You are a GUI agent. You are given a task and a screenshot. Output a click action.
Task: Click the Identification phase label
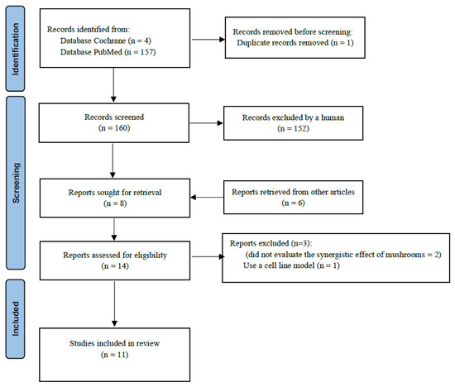point(16,49)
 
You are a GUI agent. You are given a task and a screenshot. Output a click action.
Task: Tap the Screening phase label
point(16,183)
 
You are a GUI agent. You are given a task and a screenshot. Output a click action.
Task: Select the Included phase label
point(16,319)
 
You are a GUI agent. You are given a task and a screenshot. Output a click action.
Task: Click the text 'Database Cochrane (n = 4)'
point(106,41)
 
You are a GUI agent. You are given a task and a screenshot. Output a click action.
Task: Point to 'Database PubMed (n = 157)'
point(108,52)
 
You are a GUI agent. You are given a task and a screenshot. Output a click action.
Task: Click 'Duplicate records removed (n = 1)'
point(295,43)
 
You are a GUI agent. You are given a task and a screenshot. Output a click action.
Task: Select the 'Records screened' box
point(114,122)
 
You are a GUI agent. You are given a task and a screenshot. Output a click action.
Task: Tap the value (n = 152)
point(293,128)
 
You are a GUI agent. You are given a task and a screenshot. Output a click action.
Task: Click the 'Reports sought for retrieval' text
point(115,193)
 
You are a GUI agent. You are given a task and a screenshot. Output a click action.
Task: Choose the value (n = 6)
point(293,203)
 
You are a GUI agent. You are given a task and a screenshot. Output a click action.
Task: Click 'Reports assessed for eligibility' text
point(115,255)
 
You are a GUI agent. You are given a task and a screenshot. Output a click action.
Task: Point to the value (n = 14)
point(115,266)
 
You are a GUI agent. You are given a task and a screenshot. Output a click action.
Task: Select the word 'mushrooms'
point(406,255)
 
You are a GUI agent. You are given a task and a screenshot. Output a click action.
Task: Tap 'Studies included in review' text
point(115,343)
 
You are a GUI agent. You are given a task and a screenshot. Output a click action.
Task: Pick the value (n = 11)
point(115,355)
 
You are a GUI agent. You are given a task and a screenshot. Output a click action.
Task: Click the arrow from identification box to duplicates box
point(208,40)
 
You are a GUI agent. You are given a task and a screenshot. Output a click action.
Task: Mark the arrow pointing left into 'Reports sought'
point(207,198)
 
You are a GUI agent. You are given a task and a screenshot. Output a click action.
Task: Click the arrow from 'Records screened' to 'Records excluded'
point(206,123)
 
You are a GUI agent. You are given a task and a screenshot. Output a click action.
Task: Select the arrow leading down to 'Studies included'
point(115,303)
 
